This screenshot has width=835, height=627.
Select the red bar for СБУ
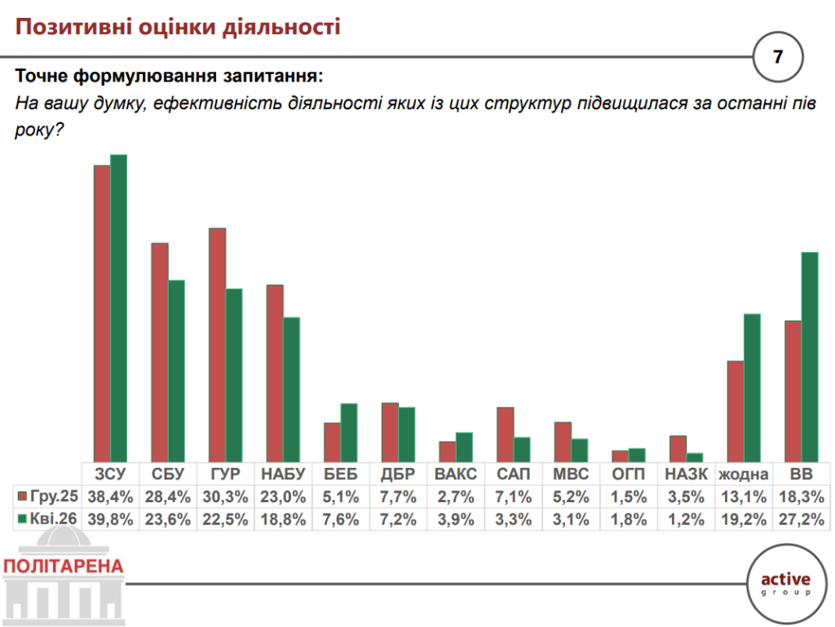[x=160, y=352]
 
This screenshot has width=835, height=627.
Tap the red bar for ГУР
[x=217, y=345]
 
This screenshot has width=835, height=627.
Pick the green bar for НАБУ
[x=292, y=390]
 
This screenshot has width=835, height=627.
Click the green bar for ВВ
[x=810, y=357]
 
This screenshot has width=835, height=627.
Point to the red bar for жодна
[x=736, y=411]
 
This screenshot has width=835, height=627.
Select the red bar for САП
[x=506, y=434]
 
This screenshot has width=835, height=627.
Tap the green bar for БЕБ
[x=349, y=432]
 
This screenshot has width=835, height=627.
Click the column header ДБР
[x=398, y=475]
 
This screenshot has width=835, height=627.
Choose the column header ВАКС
[x=456, y=475]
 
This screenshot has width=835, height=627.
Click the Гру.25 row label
[x=48, y=497]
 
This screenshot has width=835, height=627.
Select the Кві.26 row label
[x=48, y=519]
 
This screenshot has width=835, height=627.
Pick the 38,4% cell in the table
[x=110, y=497]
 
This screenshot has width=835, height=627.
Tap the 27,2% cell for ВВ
[x=801, y=519]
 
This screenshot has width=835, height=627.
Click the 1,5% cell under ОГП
[x=629, y=497]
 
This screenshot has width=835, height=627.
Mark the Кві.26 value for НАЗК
[x=687, y=519]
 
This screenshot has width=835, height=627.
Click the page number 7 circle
[x=777, y=57]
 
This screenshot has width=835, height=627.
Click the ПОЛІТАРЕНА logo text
[x=64, y=566]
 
